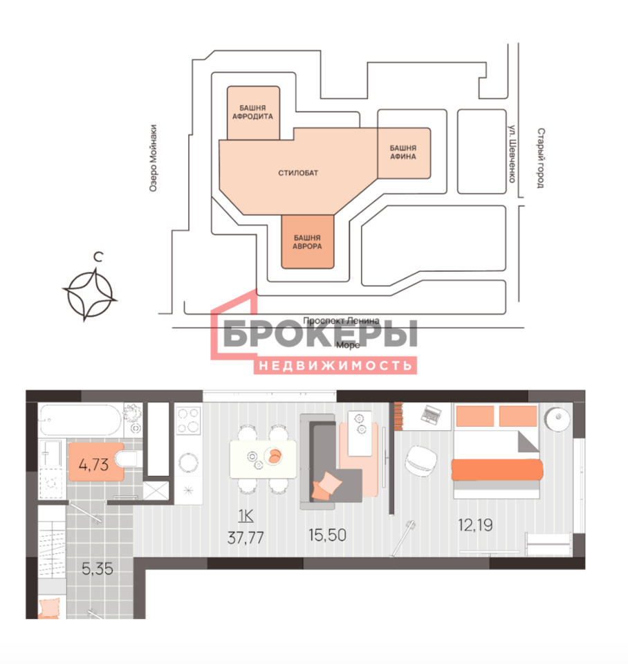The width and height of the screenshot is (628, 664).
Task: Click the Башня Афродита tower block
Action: point(253,113)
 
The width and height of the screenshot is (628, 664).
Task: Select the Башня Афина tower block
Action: point(404,153)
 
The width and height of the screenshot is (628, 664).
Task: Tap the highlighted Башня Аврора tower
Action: point(308,242)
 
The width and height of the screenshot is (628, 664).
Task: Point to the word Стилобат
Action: point(298,173)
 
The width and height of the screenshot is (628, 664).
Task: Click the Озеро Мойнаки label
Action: point(154,158)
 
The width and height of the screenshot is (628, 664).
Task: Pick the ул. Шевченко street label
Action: point(512,154)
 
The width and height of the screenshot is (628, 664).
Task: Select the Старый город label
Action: point(541,158)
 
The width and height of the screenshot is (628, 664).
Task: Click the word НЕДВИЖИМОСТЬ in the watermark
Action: point(335,365)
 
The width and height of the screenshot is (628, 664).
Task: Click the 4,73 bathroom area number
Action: point(93,465)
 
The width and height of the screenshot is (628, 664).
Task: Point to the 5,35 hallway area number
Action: point(98,569)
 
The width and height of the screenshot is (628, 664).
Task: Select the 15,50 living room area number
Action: point(327,535)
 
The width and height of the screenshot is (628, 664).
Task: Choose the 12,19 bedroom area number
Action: point(475,525)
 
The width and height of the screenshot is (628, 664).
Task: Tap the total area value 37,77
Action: point(246,538)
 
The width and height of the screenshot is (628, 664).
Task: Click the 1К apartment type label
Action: point(246,516)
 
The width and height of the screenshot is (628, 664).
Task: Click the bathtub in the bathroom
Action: point(81,420)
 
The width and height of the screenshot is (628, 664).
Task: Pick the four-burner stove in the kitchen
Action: point(188,420)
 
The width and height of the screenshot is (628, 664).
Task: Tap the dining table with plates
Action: point(263,459)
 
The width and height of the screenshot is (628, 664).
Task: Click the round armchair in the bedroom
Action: point(421,461)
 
